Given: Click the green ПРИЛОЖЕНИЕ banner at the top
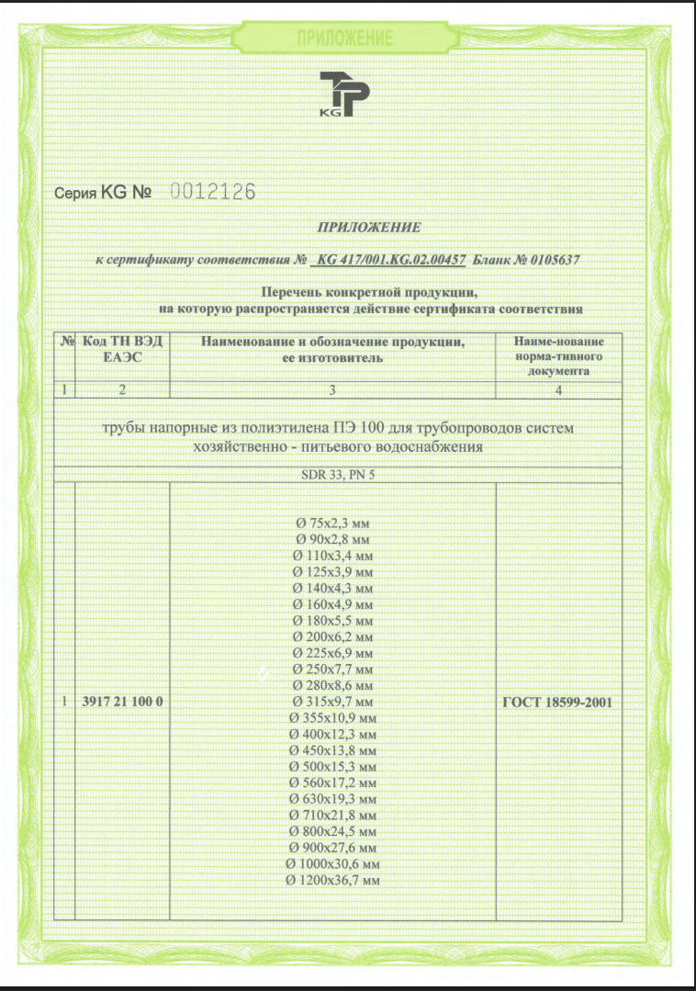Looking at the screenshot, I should coord(345,38).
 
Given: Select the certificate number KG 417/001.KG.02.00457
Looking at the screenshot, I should coord(391,260).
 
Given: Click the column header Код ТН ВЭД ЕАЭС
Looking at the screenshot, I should coord(123,349).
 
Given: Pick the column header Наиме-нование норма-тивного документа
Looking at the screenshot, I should coord(558,356).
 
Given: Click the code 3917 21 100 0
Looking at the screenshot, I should coord(122,703).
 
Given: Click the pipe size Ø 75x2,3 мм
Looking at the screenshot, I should coord(332,523).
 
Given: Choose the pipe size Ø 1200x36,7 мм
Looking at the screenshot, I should coord(332,881).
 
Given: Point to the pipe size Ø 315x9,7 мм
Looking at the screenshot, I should coord(332,702).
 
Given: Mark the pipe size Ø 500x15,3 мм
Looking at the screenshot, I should coord(332,766).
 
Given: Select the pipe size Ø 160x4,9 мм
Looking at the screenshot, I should coord(332,603).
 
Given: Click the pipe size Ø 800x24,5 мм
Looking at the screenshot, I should coord(332,831).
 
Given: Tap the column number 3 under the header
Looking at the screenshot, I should coord(332,389).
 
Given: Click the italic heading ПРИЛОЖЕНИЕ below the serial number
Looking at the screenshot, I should coord(368,227).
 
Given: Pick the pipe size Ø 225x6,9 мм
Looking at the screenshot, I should coord(332,652).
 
